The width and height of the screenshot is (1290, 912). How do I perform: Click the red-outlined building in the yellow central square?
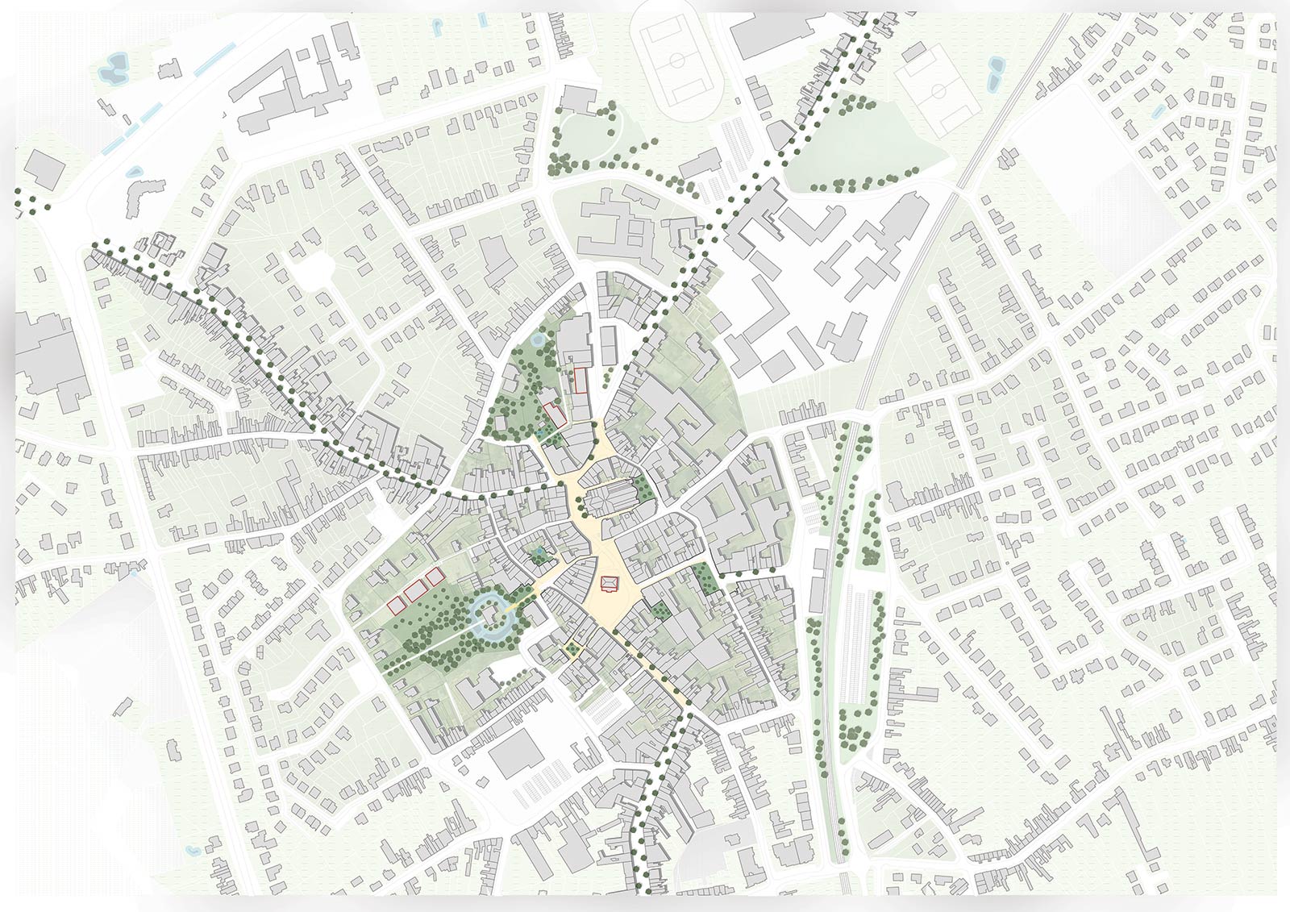click(610, 581)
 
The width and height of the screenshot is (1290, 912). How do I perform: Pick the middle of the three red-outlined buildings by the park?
click(417, 592)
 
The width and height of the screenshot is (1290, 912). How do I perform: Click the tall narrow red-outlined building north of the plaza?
click(580, 380)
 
